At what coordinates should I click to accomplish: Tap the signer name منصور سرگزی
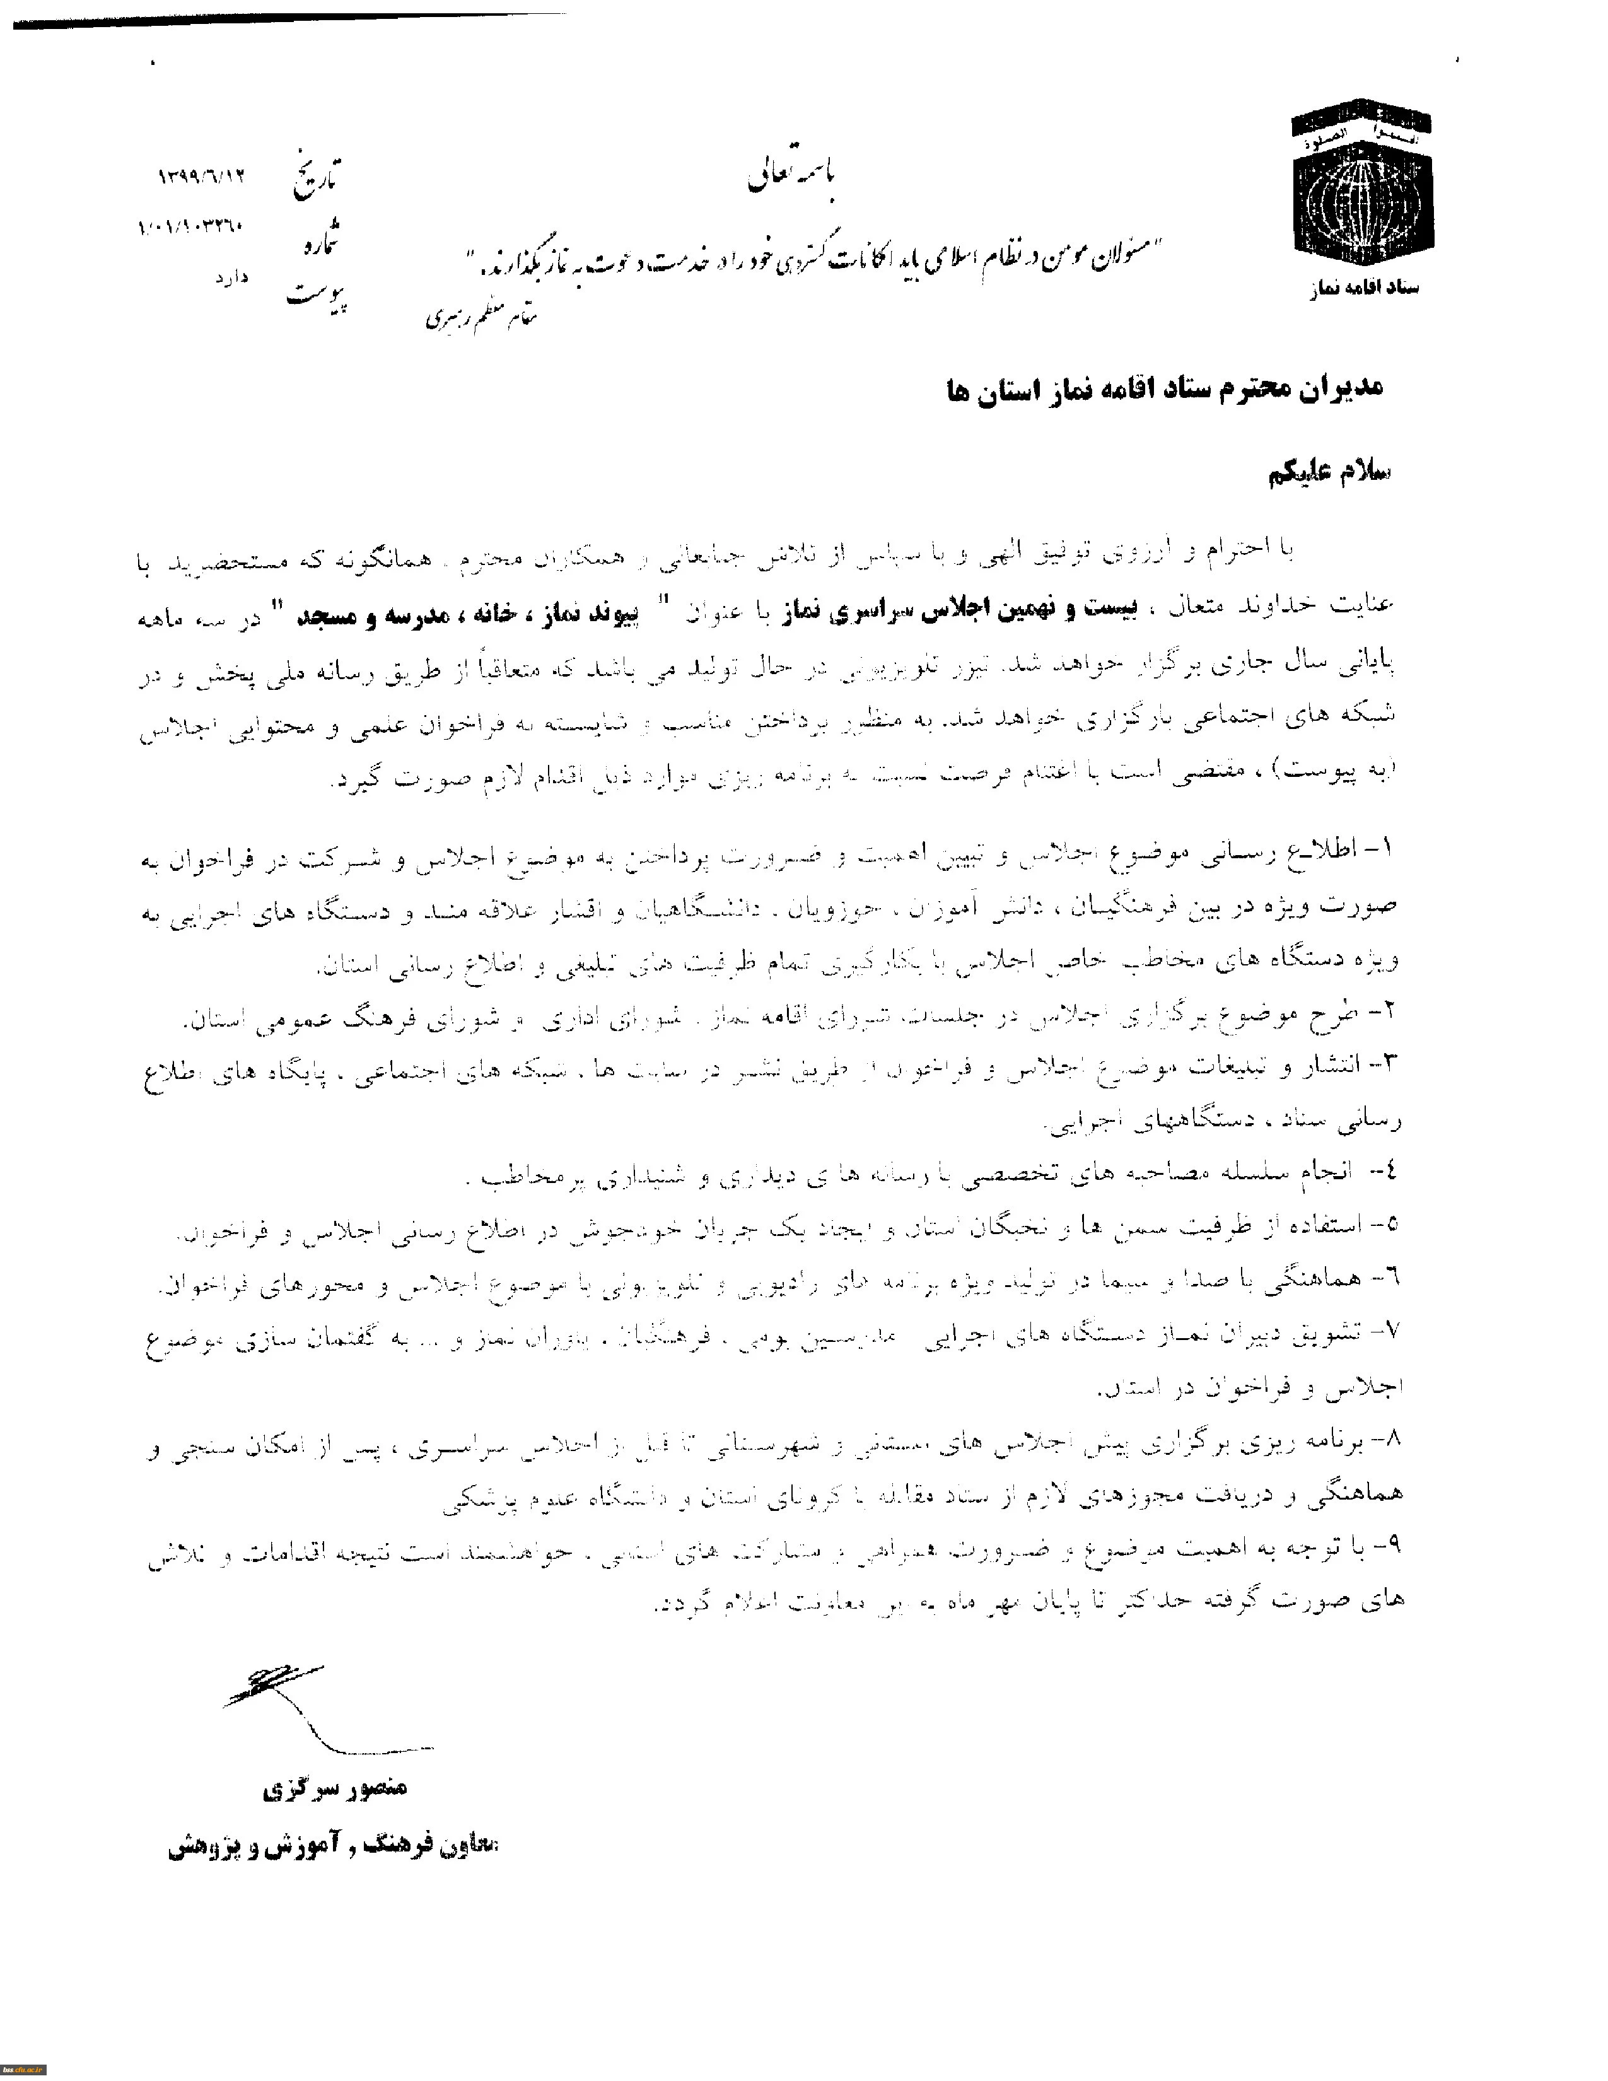(334, 1788)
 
